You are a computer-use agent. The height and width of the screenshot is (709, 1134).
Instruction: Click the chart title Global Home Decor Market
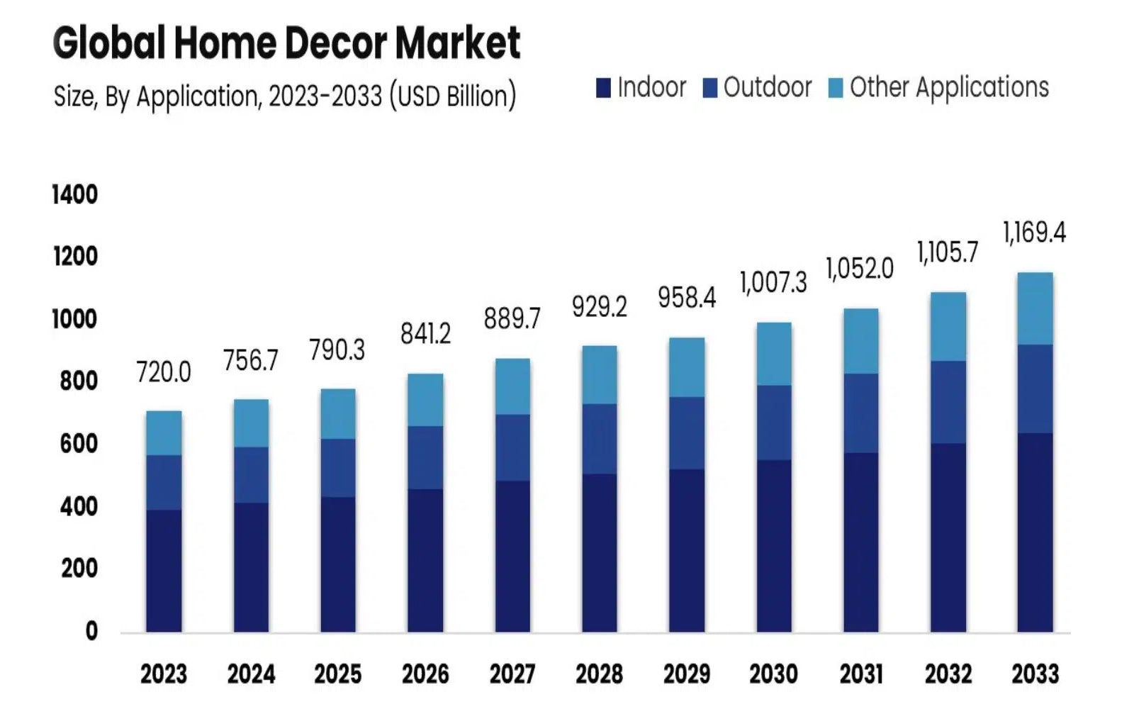(286, 43)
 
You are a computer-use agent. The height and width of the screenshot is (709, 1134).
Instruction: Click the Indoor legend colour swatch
(603, 88)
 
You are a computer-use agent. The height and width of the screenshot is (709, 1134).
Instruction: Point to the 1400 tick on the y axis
(75, 194)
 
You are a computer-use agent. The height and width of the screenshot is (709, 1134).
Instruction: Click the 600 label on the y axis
(78, 444)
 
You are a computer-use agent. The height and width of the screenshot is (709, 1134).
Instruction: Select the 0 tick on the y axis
(91, 630)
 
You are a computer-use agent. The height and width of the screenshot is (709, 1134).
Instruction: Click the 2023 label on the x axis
(164, 674)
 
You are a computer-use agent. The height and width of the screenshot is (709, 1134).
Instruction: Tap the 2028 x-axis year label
(600, 674)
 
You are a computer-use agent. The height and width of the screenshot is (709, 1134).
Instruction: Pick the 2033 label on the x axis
(1035, 674)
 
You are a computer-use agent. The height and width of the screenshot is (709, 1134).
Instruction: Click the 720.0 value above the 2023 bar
(164, 372)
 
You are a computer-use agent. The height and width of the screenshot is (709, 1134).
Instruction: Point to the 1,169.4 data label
(1034, 233)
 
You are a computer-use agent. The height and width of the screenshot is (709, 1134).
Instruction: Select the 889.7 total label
(512, 319)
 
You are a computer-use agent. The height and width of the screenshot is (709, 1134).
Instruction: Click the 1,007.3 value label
(773, 283)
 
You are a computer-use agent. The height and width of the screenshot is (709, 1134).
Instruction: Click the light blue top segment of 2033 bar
(1035, 308)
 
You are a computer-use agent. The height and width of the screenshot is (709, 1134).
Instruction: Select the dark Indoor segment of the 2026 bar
(425, 560)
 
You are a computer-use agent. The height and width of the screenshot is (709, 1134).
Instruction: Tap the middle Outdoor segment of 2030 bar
(774, 423)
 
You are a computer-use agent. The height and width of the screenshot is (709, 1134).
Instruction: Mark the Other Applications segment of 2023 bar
(164, 433)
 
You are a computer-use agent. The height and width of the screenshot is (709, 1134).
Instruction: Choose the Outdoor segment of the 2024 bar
(251, 475)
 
